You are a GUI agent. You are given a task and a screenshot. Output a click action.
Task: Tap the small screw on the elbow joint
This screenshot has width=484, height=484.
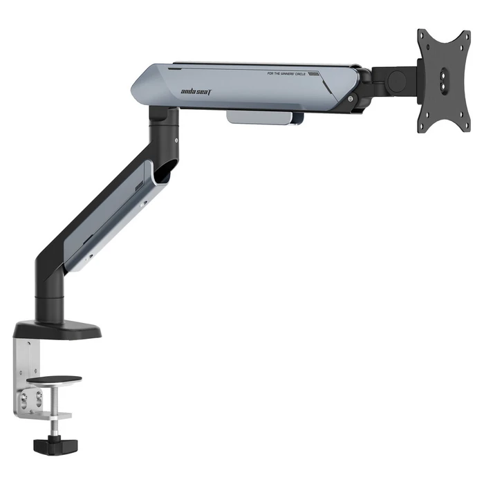click(x=178, y=142)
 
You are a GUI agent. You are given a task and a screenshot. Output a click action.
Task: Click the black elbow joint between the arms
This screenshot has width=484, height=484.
click(x=166, y=128)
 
